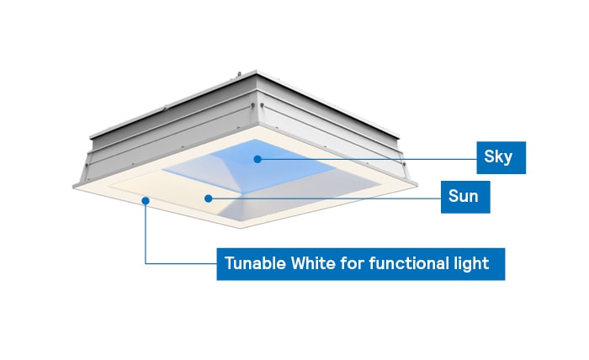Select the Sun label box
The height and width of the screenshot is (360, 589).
tap(464, 198)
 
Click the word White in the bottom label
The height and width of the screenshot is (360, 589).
tap(313, 263)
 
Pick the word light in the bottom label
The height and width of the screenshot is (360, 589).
tap(471, 263)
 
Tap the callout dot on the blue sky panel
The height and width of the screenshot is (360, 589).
tap(258, 157)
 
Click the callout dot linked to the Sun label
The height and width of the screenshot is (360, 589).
tap(207, 199)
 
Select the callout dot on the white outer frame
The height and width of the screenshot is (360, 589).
tap(146, 200)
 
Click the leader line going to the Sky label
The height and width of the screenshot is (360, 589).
tap(370, 157)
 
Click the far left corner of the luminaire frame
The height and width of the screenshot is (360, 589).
tap(77, 183)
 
